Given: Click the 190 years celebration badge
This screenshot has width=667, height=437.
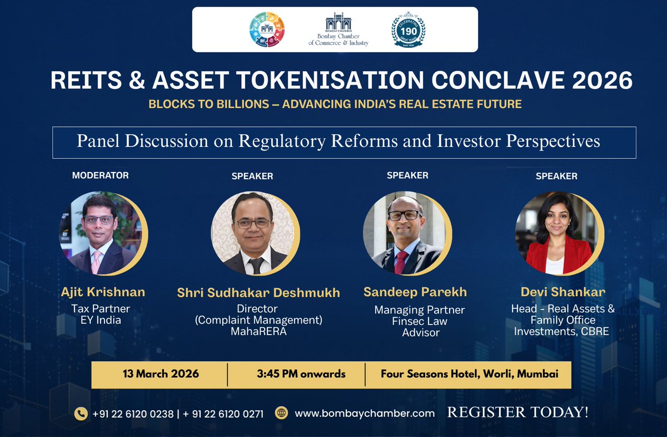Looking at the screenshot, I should (x=409, y=30).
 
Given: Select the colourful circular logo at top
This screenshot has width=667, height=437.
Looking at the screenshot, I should (x=267, y=30).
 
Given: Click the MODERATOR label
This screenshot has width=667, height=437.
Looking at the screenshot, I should (x=100, y=175).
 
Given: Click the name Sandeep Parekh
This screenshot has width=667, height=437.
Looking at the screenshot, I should (x=415, y=292).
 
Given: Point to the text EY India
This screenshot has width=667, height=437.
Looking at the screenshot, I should (x=100, y=320).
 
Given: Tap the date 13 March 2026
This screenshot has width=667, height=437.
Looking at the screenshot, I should (x=161, y=374).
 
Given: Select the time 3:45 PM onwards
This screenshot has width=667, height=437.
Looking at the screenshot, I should (x=301, y=374).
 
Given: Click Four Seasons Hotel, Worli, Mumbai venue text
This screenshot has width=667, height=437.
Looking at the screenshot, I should (x=469, y=374).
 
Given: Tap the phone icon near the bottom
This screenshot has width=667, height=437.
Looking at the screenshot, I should (x=81, y=414).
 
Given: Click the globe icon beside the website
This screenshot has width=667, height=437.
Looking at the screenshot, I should (x=282, y=414).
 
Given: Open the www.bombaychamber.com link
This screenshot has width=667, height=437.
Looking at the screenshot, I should (x=364, y=414).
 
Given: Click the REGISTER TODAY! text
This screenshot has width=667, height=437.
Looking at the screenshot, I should (x=517, y=413).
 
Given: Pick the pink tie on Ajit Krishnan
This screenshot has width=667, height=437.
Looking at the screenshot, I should (x=96, y=262).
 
